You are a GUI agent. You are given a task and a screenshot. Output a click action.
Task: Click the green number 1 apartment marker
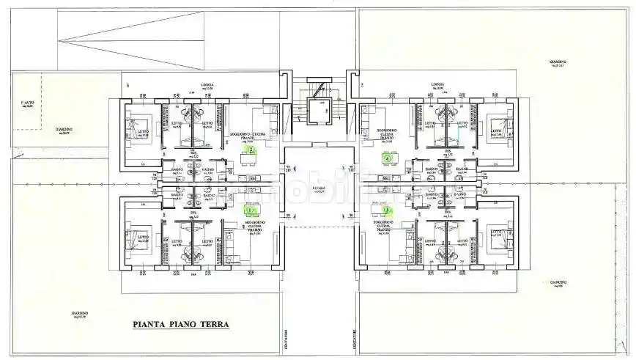coord(249,209)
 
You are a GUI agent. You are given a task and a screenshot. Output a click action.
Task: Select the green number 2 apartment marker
coord(251,150)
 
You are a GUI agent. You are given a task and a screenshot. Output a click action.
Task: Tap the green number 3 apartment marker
coord(386,210)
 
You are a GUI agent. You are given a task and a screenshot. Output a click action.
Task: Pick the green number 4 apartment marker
coord(386,157)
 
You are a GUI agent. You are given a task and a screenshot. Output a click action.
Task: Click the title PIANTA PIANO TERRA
coord(181,323)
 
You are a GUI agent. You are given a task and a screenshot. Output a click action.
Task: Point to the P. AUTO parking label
coord(28,102)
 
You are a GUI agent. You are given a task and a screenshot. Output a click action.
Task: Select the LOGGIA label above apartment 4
coord(438,85)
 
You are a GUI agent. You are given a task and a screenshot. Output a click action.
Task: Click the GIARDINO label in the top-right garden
coord(559,62)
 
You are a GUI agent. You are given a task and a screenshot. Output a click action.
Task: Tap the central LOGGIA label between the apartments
coord(318,188)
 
